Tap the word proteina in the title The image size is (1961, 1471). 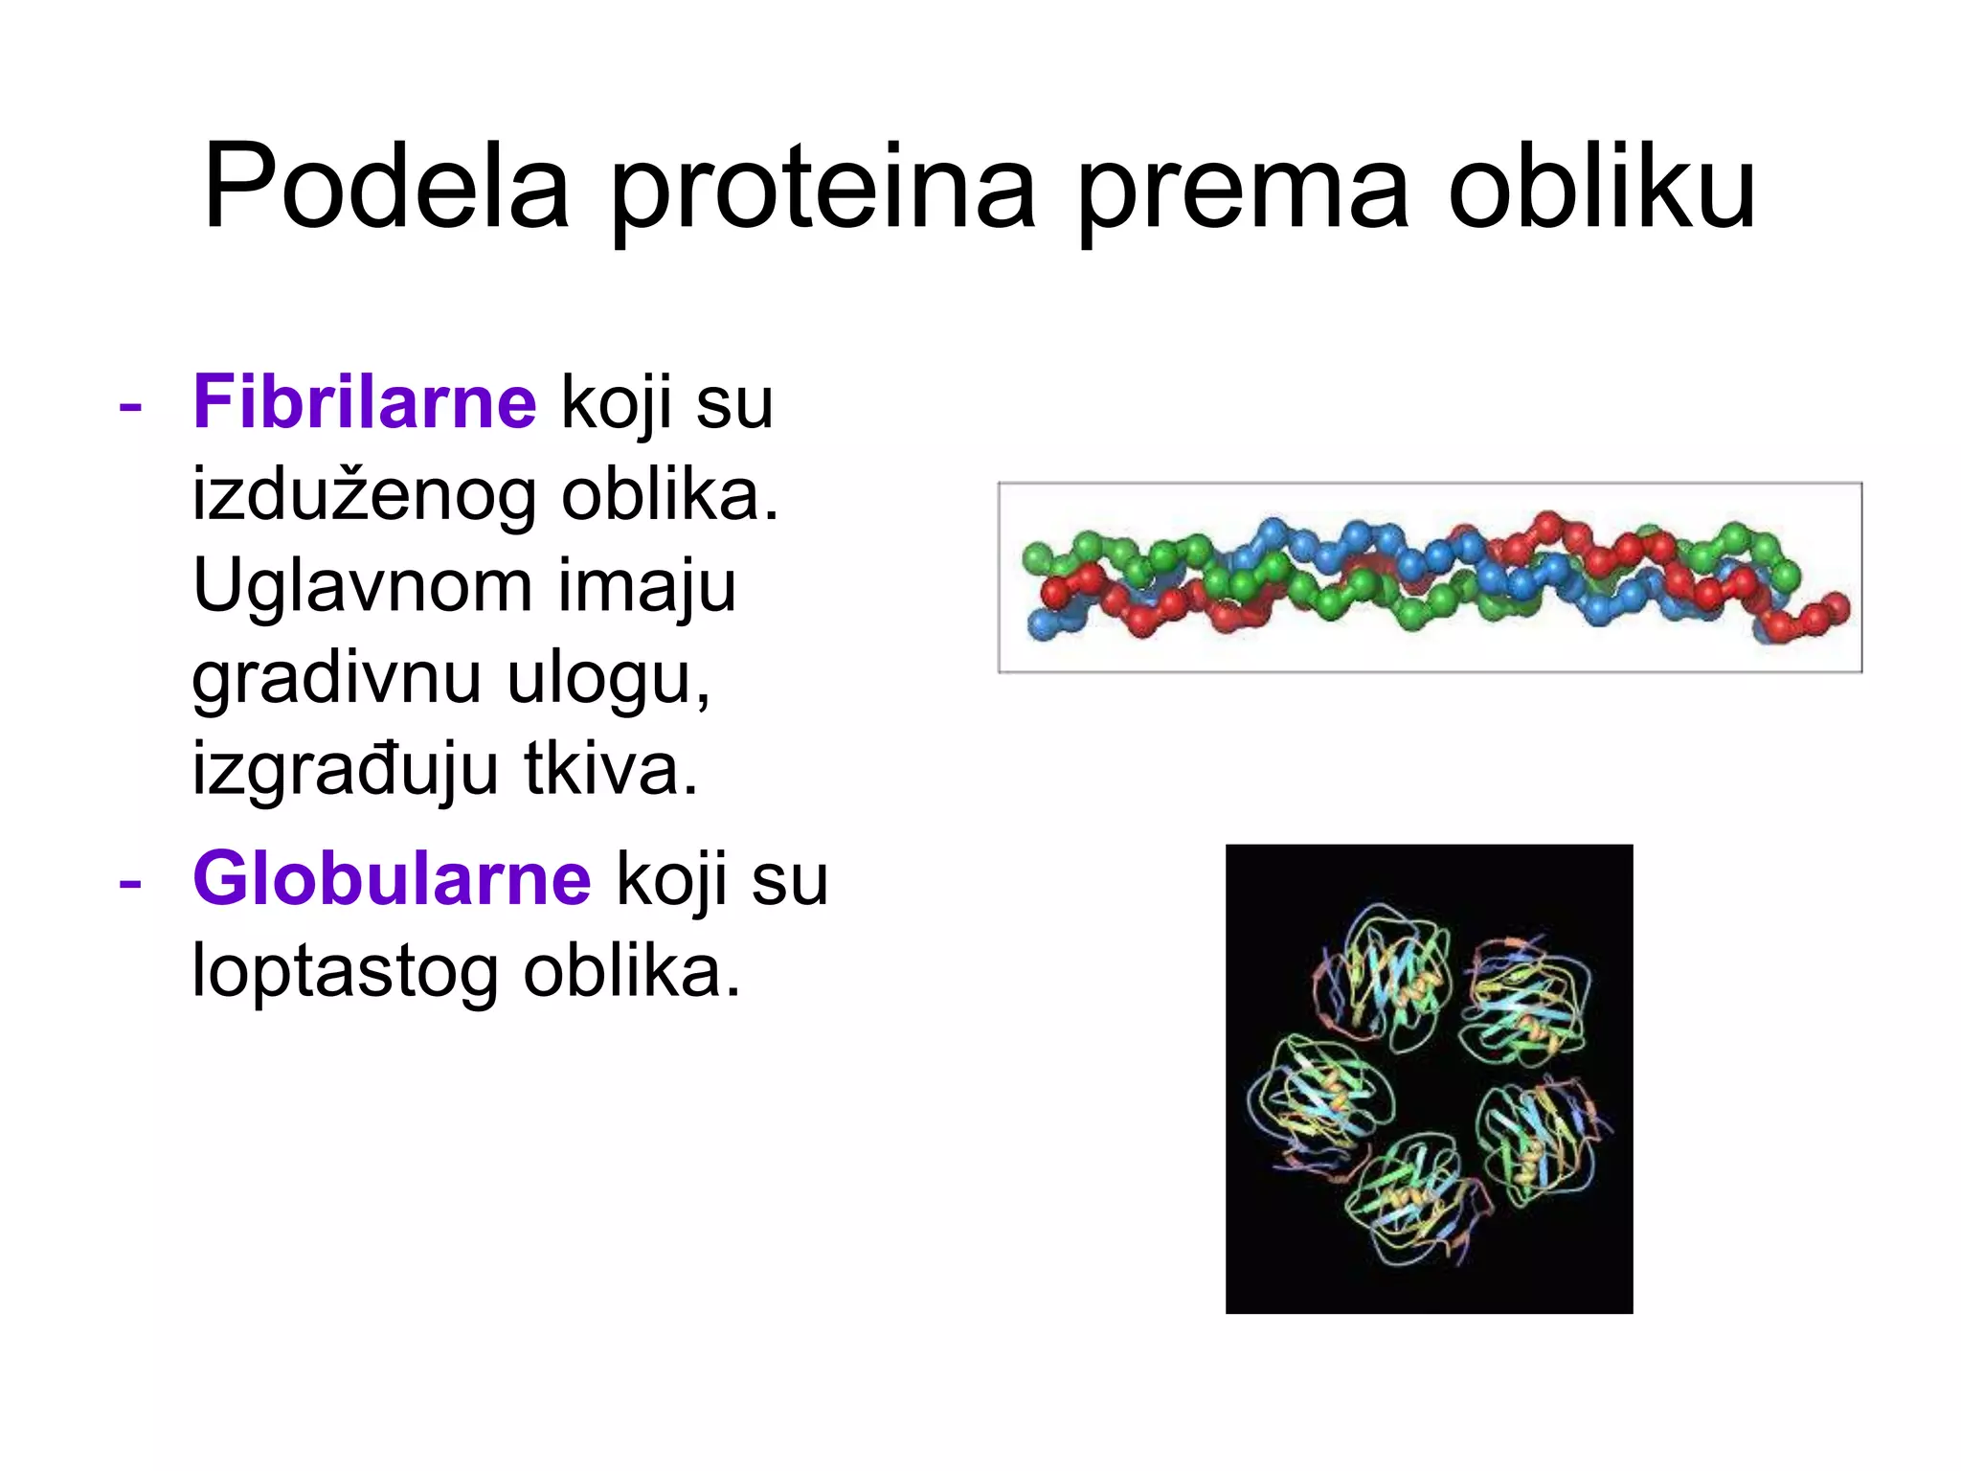823,192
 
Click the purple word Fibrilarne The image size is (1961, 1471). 365,401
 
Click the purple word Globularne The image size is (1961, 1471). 392,878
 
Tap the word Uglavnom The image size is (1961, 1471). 362,587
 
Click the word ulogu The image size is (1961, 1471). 608,680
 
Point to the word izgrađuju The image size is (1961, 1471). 345,771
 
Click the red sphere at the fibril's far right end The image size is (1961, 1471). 1835,607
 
